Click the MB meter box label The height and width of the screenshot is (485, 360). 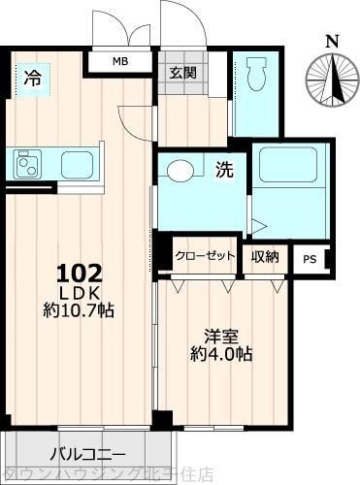[120, 61]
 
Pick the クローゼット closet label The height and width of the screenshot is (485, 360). [206, 256]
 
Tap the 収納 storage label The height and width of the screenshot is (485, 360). [266, 256]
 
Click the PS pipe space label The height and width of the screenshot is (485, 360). [310, 259]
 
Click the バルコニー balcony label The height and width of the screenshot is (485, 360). [87, 453]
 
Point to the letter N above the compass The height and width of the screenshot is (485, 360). [332, 41]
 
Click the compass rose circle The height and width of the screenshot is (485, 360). [331, 79]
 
